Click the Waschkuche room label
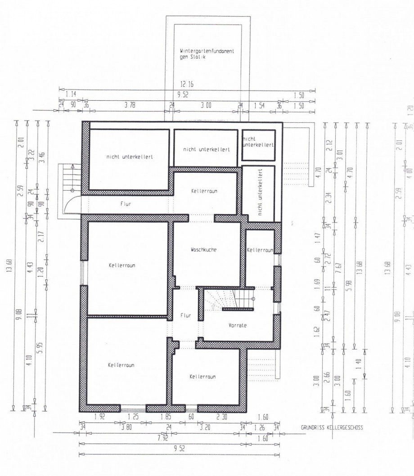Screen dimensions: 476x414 203,249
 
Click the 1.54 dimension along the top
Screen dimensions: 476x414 260,105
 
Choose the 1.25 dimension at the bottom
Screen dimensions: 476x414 133,418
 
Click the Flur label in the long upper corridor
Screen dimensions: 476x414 126,204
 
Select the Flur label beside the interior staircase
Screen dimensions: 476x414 185,316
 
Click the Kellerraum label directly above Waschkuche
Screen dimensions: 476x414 204,191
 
